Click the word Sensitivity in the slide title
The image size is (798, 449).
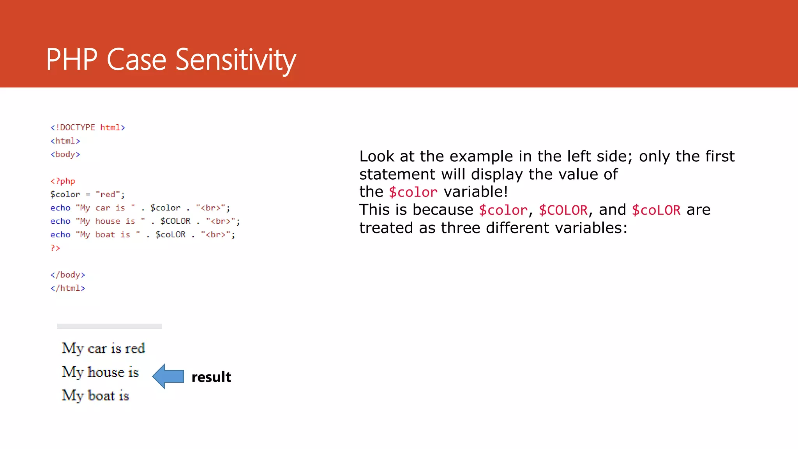[236, 60]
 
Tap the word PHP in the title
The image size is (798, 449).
[71, 60]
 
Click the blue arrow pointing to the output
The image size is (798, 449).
[168, 376]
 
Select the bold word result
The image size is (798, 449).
[211, 377]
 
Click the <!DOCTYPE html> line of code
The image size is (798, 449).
[88, 127]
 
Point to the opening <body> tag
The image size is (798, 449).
[65, 154]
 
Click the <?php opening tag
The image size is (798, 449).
[63, 181]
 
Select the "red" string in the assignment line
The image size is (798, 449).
[108, 194]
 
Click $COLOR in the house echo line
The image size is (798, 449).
[175, 221]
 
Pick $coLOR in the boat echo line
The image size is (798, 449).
[170, 235]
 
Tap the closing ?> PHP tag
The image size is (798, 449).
[55, 248]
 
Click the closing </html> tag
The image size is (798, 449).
[67, 288]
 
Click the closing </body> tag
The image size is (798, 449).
[67, 275]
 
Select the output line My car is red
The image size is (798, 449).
[103, 348]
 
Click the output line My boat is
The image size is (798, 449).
[95, 396]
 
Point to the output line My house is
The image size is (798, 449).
[100, 372]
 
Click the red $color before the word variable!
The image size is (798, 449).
[413, 192]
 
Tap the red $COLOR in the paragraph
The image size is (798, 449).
[563, 210]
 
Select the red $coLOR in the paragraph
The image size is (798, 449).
[656, 210]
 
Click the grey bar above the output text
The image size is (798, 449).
[109, 326]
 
